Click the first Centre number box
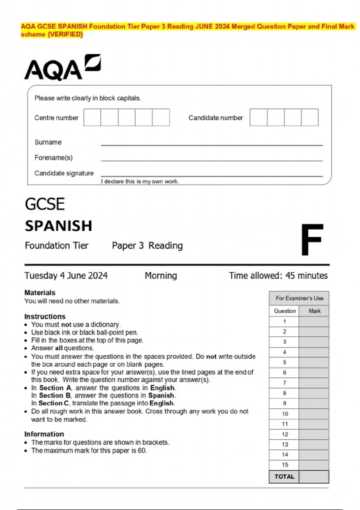(x=92, y=117)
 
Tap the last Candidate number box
(x=310, y=117)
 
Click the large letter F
(x=312, y=239)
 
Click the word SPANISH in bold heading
(x=58, y=226)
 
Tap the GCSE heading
(x=45, y=204)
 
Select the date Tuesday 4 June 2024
(x=66, y=275)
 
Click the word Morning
(x=161, y=275)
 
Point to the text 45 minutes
(x=306, y=275)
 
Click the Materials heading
(x=40, y=292)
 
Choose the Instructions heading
(x=45, y=316)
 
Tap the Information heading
(x=44, y=434)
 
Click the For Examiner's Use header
(x=299, y=298)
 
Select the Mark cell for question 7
(x=314, y=383)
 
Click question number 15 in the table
(x=285, y=465)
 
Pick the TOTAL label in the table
(x=284, y=476)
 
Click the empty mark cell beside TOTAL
(x=314, y=476)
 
